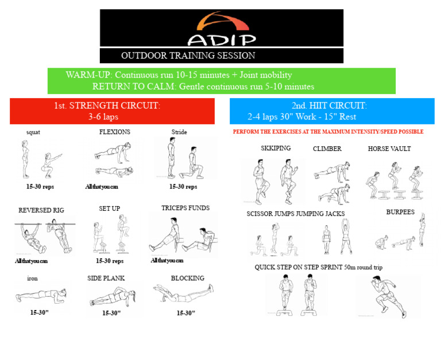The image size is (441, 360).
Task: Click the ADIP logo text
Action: coord(222,41)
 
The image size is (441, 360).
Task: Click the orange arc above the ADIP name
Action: coord(222,21)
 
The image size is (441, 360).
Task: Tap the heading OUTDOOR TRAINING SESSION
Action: coord(188,56)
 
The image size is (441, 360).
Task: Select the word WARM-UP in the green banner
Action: coord(89,75)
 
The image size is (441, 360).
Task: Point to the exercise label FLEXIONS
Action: coord(114,132)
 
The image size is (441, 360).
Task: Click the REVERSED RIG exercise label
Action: coord(41,210)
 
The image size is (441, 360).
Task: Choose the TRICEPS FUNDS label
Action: coord(185,208)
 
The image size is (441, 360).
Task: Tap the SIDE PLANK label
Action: coord(106,278)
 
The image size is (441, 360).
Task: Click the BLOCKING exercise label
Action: coord(188,278)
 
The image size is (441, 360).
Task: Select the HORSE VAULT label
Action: coord(389,149)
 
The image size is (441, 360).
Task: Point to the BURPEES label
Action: coord(400,212)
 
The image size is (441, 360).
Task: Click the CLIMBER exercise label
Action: coord(327,149)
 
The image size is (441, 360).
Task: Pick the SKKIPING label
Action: coord(276,148)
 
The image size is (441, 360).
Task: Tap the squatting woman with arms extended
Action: coord(51,165)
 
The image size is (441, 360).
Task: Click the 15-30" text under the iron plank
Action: coord(40,312)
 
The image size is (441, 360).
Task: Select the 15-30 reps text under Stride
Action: coord(183,187)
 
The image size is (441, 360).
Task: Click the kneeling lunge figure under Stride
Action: coord(192,163)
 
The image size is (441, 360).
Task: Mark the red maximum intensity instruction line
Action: coord(328,131)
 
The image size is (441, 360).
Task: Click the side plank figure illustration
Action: coord(113,296)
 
